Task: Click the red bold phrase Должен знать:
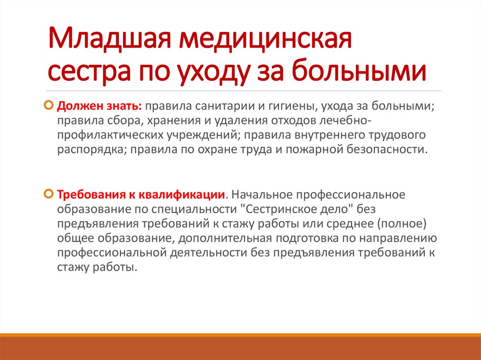[x=100, y=106]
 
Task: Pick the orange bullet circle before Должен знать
[x=49, y=105]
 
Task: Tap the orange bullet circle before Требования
[x=49, y=194]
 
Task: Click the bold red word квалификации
[x=182, y=195]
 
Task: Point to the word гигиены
[x=292, y=107]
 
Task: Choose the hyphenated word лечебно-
[x=345, y=121]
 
